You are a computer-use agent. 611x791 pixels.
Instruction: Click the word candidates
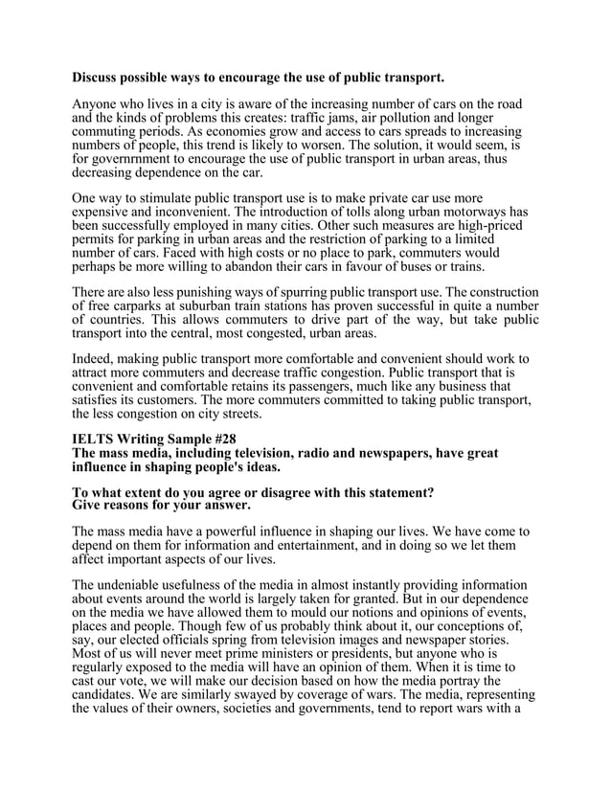click(x=108, y=693)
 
